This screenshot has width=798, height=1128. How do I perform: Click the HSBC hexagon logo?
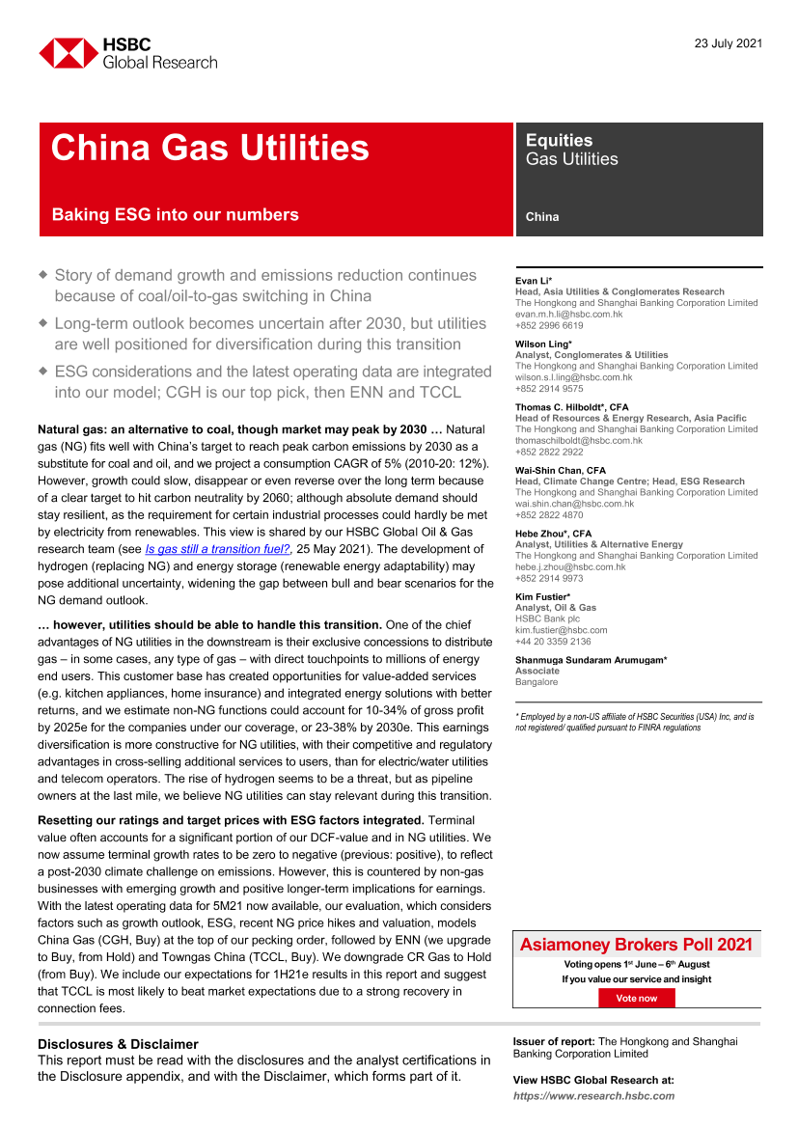click(x=67, y=53)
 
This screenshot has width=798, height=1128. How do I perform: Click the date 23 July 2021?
click(x=729, y=43)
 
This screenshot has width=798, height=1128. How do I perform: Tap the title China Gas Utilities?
click(x=209, y=148)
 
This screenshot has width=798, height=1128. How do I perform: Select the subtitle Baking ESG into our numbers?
click(x=175, y=215)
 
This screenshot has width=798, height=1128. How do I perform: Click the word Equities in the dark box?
click(x=559, y=140)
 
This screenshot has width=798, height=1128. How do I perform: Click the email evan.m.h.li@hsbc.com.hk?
click(x=568, y=314)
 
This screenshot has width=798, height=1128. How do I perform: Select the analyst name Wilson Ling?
click(x=543, y=344)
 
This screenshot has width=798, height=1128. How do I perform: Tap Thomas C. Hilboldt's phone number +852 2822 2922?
click(x=549, y=452)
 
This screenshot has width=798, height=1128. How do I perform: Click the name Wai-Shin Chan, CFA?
click(x=561, y=471)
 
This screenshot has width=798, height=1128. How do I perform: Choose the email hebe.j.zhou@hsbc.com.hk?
click(x=570, y=566)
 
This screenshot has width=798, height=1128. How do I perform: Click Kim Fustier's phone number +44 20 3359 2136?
click(x=553, y=641)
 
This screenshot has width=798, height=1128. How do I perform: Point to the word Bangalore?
click(x=537, y=681)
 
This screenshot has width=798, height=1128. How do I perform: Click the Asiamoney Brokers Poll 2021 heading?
click(x=636, y=945)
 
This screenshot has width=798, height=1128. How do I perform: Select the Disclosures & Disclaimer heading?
click(x=118, y=1044)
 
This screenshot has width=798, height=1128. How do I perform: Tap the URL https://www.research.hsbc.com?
click(x=593, y=1096)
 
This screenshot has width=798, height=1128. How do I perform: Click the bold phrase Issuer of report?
click(x=554, y=1041)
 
